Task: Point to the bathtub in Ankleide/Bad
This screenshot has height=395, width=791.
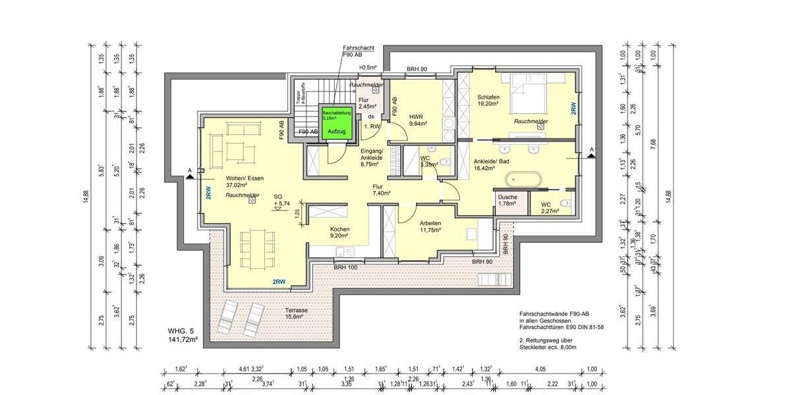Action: [523, 179]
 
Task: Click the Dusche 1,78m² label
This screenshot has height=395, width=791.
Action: [508, 201]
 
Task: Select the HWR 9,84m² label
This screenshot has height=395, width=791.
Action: [418, 120]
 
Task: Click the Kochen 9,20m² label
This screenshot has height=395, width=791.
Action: [340, 233]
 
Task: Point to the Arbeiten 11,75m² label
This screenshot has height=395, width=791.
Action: [430, 227]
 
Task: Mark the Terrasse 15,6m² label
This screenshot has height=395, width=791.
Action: [297, 313]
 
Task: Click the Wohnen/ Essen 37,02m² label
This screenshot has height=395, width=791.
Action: [245, 182]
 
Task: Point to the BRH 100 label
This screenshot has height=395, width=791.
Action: [345, 267]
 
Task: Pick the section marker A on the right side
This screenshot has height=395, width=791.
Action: [591, 151]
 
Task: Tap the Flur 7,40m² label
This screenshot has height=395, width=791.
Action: [382, 190]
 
